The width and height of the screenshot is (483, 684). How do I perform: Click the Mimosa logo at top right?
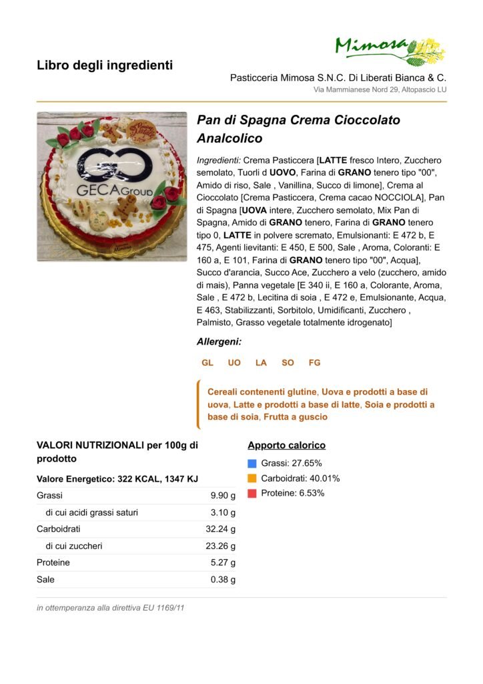coord(390,51)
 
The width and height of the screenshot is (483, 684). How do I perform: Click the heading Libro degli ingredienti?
coord(105,65)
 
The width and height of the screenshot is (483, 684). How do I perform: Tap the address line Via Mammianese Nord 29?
coord(380,90)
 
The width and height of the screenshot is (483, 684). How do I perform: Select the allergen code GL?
coord(207,363)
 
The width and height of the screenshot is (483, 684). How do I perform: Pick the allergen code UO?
coord(234,363)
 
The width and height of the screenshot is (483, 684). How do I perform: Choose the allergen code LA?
coord(261,363)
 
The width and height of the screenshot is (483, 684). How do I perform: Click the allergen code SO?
coord(288,363)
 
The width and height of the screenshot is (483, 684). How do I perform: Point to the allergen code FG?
coord(314,363)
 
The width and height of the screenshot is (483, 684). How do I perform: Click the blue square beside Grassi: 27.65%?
coord(252,464)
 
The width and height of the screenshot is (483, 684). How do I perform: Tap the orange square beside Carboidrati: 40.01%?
coord(252,478)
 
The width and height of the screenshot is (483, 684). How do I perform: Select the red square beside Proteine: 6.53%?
coord(252,494)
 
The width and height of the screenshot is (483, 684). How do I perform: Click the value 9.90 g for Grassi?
coord(223,496)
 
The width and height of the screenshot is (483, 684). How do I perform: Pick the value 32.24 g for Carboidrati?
coord(220,529)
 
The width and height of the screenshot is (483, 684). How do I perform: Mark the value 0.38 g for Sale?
coord(223,580)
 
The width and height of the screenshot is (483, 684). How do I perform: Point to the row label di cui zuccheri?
coord(74,546)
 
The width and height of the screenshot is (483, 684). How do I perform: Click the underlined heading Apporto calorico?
coord(286,446)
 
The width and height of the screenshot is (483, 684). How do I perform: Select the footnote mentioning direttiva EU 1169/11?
coord(110,609)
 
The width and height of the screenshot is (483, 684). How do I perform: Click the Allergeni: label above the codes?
coord(219,341)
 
